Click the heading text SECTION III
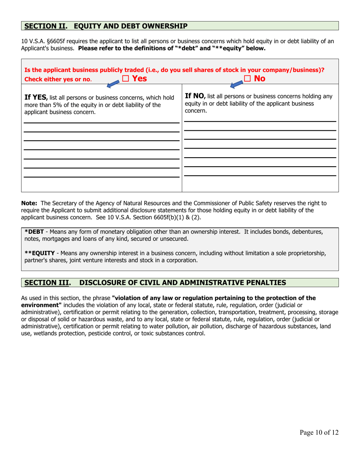47,282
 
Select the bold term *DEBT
34,231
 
